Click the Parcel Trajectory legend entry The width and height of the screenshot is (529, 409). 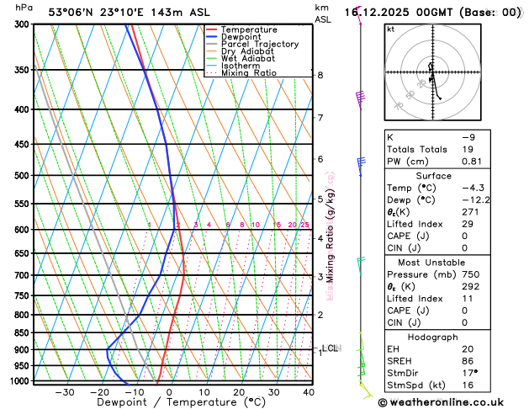click(x=259, y=44)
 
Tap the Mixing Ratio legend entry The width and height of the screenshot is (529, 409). click(x=249, y=72)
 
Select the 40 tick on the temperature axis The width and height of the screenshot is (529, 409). click(x=308, y=392)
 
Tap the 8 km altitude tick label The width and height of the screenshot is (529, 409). click(x=320, y=76)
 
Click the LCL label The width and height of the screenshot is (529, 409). click(x=330, y=348)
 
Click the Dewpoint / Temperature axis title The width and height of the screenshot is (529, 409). click(x=171, y=403)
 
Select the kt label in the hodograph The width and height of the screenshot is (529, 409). click(x=390, y=29)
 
